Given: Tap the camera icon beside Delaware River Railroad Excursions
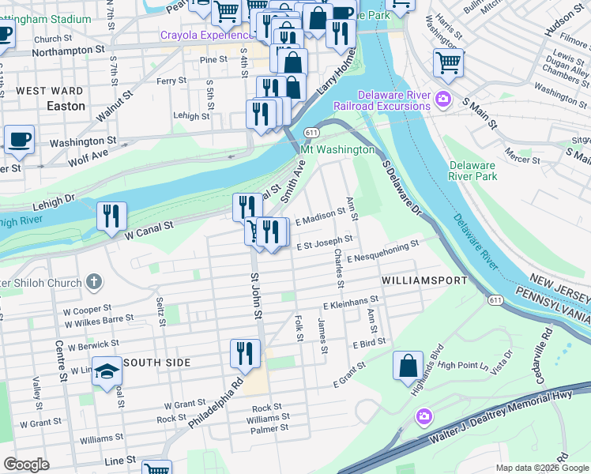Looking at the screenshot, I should [x=443, y=99].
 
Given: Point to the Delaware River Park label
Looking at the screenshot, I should [x=473, y=171].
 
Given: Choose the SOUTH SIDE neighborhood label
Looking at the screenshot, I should [x=159, y=363].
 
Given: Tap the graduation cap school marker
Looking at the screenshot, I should [x=107, y=371].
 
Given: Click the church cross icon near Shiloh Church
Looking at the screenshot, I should [x=93, y=281].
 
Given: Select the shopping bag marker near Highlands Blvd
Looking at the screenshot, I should [x=408, y=365].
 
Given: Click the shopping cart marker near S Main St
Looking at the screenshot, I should [x=448, y=62].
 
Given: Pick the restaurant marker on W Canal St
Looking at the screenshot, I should [x=111, y=216].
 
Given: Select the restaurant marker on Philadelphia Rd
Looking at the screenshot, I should [x=245, y=352].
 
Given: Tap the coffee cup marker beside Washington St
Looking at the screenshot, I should [x=19, y=139].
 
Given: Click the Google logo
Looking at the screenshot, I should [x=26, y=465].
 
